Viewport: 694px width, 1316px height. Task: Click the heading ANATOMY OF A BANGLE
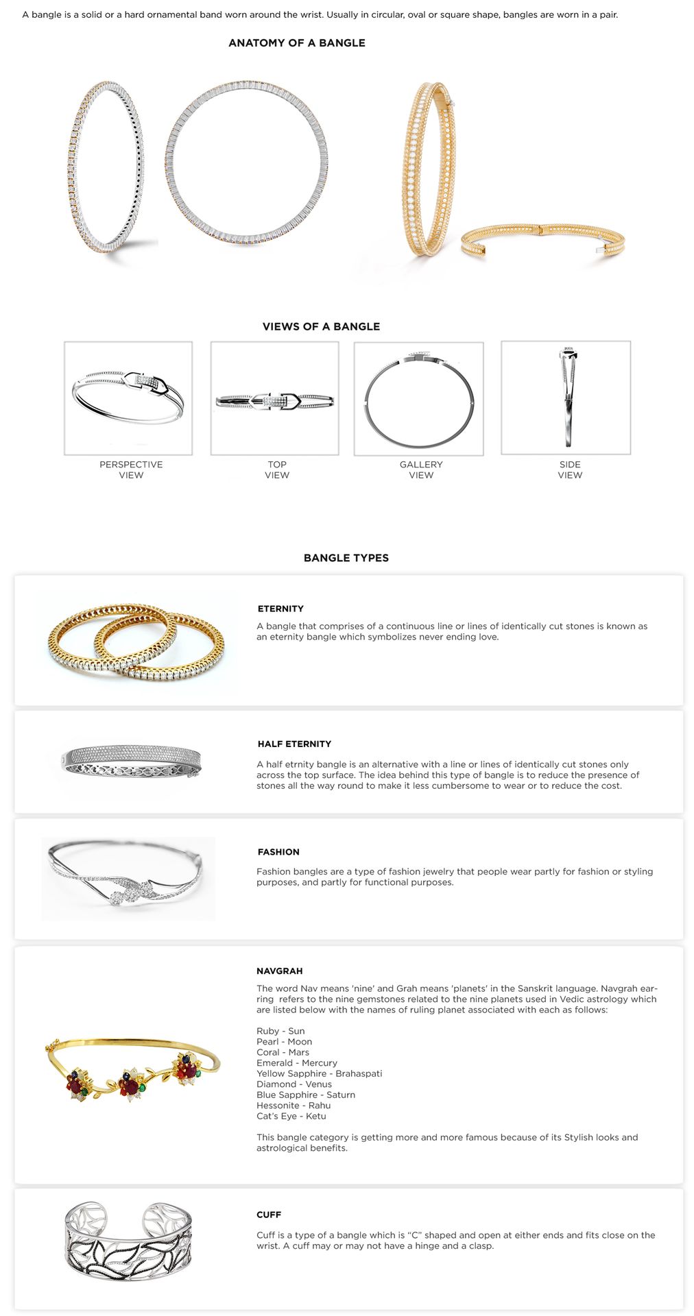click(x=296, y=42)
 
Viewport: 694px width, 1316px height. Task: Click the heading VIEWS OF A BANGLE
click(x=321, y=326)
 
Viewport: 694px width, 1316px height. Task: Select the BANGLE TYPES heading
click(x=346, y=558)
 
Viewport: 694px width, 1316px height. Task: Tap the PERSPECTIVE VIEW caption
click(x=131, y=470)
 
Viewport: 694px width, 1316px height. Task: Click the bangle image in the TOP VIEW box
click(x=274, y=400)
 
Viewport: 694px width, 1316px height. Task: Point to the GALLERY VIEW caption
click(x=421, y=470)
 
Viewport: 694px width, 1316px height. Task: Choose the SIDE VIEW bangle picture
click(x=568, y=398)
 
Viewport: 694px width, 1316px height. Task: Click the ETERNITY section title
click(x=280, y=609)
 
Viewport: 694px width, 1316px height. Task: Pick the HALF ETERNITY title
click(x=294, y=744)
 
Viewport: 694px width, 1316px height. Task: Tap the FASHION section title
click(x=278, y=852)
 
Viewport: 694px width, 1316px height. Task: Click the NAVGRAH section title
click(x=279, y=971)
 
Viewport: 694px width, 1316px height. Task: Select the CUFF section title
click(x=269, y=1215)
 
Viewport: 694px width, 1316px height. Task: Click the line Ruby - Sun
click(x=280, y=1031)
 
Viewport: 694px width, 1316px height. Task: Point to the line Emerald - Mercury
click(x=297, y=1063)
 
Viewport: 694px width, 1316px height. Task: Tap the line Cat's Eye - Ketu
click(x=291, y=1116)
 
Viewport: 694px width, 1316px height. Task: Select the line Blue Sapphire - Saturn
click(x=306, y=1095)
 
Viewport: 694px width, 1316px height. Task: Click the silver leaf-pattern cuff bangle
click(x=128, y=1241)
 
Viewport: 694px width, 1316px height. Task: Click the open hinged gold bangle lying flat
click(x=542, y=240)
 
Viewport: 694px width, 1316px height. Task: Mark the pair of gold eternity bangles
click(x=136, y=642)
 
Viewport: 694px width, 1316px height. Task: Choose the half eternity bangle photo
click(x=131, y=761)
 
